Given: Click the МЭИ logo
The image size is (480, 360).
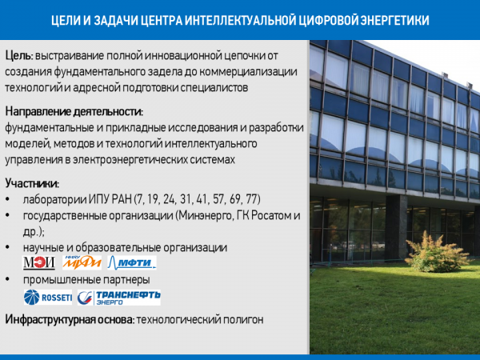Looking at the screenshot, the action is click(x=39, y=262).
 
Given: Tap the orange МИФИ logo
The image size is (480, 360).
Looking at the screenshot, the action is click(x=82, y=262).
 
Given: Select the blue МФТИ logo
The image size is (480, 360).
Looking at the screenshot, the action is click(x=132, y=262).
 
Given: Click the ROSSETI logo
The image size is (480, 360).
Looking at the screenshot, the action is click(x=48, y=298).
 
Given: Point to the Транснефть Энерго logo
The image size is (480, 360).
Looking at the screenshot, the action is click(x=118, y=298).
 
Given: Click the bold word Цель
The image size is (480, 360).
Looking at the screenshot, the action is click(x=18, y=56).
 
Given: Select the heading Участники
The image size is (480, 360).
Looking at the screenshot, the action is click(x=31, y=184).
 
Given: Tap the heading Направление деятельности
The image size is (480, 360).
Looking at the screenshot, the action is click(x=74, y=112).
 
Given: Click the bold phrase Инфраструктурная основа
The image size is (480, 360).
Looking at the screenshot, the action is click(x=70, y=319).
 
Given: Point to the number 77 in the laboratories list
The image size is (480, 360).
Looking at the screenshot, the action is click(x=252, y=199).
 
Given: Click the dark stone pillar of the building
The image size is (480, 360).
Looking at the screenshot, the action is click(x=396, y=227).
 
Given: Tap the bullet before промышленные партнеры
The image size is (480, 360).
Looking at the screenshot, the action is click(x=8, y=279).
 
